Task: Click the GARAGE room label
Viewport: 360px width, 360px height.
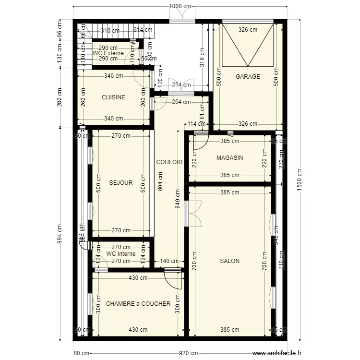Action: pyautogui.click(x=248, y=77)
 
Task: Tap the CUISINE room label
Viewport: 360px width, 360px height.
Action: pyautogui.click(x=113, y=97)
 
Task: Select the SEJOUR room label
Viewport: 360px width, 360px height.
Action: pyautogui.click(x=121, y=183)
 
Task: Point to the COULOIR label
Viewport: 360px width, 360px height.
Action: pyautogui.click(x=169, y=162)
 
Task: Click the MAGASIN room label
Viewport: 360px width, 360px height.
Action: pyautogui.click(x=229, y=158)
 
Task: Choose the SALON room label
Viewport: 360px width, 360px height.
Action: pyautogui.click(x=229, y=261)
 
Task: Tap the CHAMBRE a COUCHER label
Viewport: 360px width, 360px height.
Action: pyautogui.click(x=138, y=304)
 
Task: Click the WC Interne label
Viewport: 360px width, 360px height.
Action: pyautogui.click(x=120, y=254)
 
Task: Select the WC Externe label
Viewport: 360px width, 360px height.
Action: pyautogui.click(x=108, y=53)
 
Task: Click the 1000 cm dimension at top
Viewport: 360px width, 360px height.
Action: pyautogui.click(x=180, y=6)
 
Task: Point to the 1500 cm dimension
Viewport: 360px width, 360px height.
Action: pyautogui.click(x=300, y=180)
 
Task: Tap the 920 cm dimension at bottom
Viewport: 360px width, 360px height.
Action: pyautogui.click(x=188, y=353)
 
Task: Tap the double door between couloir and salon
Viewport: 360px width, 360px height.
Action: pyautogui.click(x=194, y=213)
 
